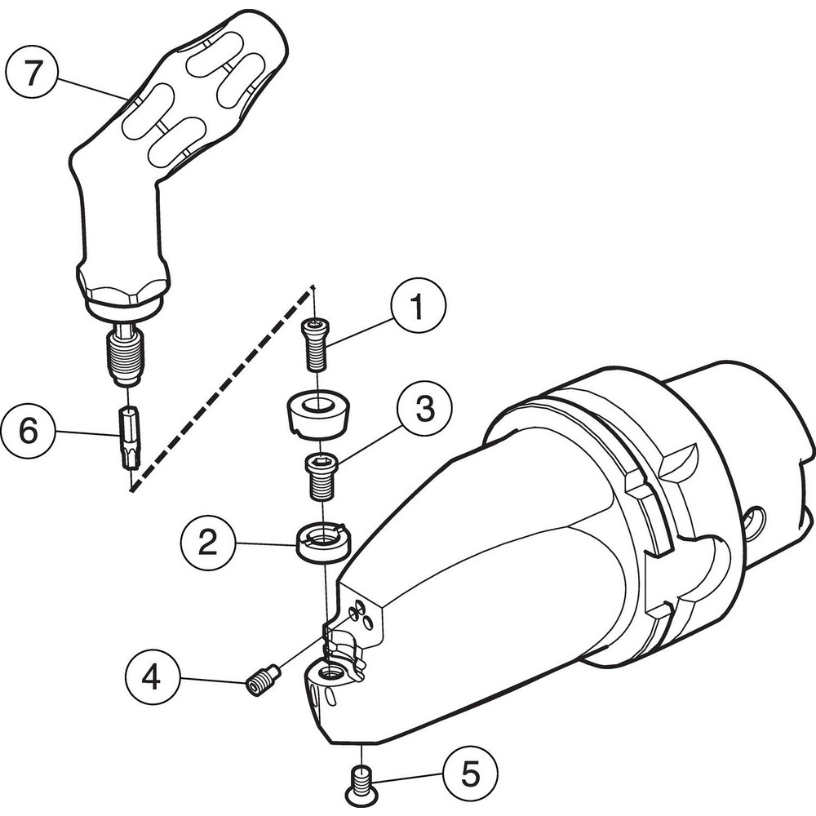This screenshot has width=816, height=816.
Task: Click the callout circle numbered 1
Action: [x=418, y=308]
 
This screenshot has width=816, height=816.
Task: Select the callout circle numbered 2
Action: [x=209, y=542]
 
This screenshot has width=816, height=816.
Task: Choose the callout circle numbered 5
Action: [x=470, y=772]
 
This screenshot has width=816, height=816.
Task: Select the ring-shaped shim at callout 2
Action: [x=323, y=541]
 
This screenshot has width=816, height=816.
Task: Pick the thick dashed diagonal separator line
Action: [x=220, y=388]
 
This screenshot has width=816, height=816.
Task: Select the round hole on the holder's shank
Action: [x=756, y=521]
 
